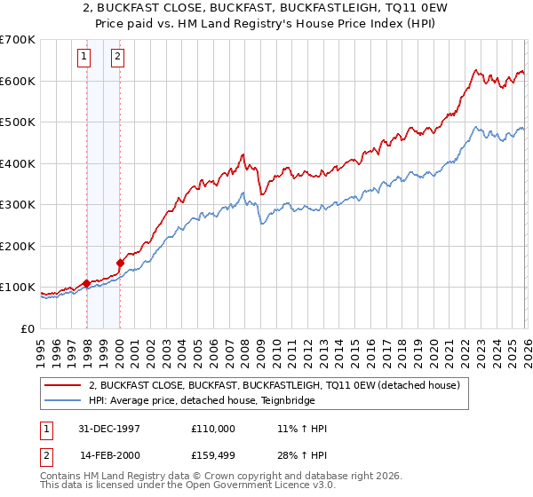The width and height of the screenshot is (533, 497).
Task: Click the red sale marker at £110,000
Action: pyautogui.click(x=87, y=283)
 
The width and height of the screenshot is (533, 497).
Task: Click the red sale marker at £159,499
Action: pyautogui.click(x=120, y=263)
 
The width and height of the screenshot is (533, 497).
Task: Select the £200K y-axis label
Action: pyautogui.click(x=18, y=246)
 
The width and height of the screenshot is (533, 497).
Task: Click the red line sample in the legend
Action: pyautogui.click(x=62, y=385)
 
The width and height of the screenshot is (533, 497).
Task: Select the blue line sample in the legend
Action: pyautogui.click(x=62, y=400)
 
